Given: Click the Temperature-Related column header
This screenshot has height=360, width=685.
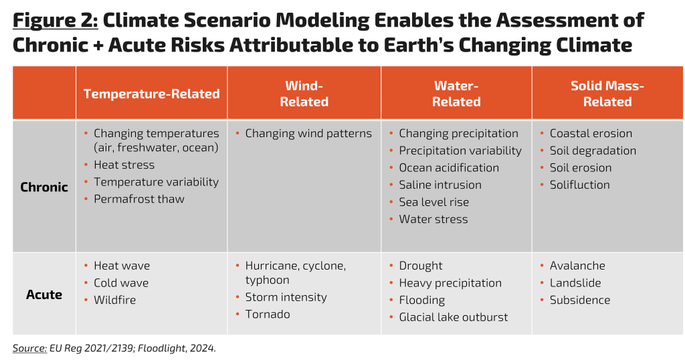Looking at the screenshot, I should point(151,94).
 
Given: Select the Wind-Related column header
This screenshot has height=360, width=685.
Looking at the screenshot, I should point(304,94).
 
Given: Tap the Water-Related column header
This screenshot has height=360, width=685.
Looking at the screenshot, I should point(456,94).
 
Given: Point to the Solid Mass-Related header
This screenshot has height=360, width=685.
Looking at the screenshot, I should point(607,94).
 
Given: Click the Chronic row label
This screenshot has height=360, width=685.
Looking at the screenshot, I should point(44,187).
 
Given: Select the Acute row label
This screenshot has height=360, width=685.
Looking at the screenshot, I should point(44,294).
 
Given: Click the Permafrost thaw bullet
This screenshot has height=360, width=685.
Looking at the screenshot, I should point(138,199).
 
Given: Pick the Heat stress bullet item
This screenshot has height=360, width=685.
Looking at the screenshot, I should point(124,165).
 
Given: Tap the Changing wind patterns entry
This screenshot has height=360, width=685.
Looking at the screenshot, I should point(308,133).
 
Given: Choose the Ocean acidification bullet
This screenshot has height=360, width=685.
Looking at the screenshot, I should point(449,167).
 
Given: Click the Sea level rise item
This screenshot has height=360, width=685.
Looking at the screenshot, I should point(433,202).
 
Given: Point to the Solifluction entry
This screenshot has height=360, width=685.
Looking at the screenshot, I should point(579,185).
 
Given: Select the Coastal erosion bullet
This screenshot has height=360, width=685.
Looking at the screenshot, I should point(591,133).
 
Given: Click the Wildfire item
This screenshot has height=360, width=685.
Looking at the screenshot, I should point(114,300).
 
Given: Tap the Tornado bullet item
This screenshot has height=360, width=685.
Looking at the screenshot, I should point(268,314).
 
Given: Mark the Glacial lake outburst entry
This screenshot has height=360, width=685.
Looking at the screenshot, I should point(453,317).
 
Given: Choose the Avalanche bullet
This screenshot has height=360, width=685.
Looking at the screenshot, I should point(577,266).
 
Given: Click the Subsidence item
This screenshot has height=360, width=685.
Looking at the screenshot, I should point(579,300).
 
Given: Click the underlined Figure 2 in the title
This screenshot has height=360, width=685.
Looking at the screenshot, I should point(55,21).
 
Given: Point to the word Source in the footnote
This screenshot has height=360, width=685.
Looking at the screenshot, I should point(28,348).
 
